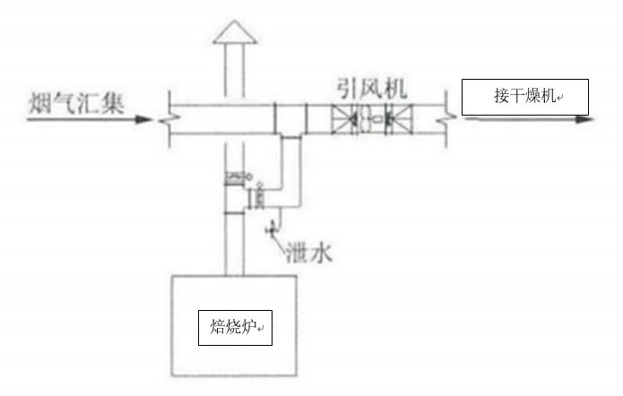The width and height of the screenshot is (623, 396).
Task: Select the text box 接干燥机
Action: coord(525,97)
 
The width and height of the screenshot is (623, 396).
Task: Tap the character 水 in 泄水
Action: coord(321,254)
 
